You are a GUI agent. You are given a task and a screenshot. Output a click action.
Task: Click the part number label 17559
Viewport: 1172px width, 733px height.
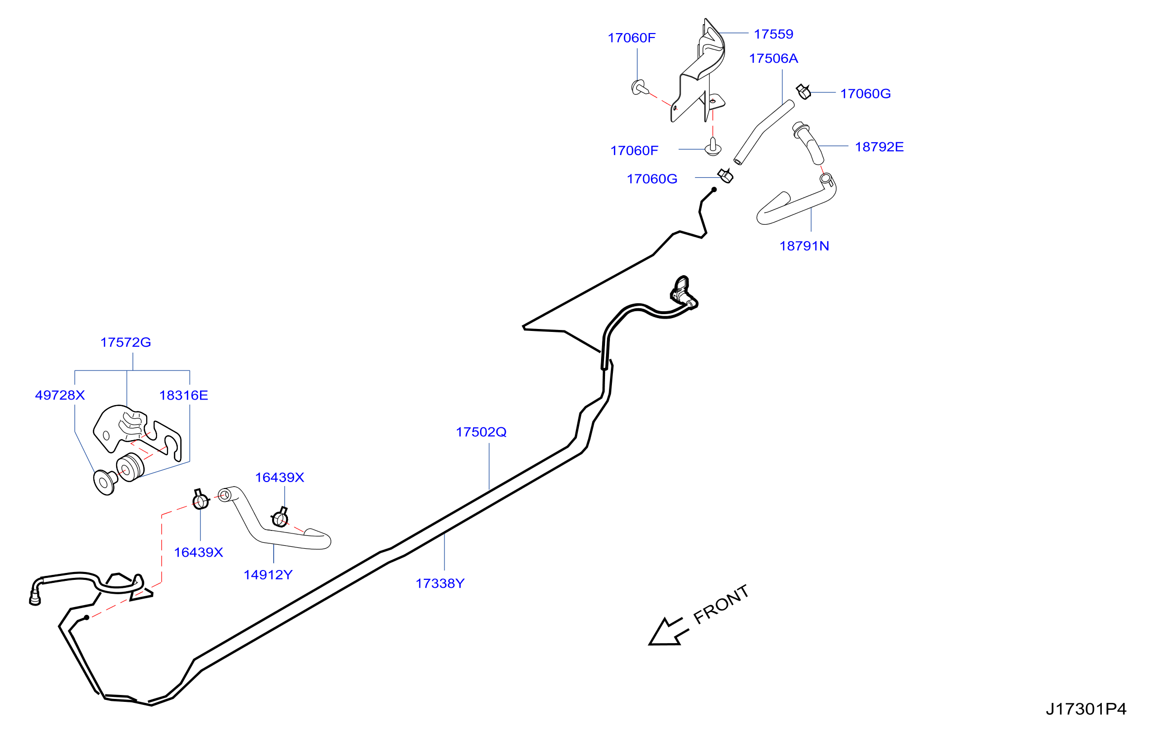tap(773, 34)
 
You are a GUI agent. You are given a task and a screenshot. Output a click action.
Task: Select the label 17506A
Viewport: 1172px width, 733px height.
tap(773, 58)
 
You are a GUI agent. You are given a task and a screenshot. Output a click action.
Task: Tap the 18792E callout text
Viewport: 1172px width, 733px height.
tap(879, 147)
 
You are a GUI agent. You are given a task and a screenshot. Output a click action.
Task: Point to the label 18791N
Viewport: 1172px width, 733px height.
tap(804, 246)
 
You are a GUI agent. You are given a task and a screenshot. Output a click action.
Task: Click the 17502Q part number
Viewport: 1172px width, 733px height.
tap(481, 432)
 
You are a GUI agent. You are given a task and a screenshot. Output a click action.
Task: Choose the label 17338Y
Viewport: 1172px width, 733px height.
tap(440, 583)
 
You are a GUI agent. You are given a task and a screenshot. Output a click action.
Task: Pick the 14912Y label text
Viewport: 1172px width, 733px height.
tap(268, 574)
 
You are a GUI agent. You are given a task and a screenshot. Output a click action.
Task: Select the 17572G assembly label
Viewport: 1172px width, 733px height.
tap(125, 342)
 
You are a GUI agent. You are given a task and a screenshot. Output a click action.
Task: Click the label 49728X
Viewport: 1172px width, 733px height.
tap(60, 395)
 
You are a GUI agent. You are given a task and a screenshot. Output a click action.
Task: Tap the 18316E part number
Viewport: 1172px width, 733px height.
tap(184, 395)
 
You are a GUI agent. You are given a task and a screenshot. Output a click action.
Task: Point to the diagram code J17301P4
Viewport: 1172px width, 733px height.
tap(1086, 709)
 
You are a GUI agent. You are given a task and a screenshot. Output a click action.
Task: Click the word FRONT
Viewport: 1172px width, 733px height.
tap(721, 605)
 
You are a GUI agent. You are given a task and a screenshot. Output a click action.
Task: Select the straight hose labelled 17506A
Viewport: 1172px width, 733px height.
tap(763, 132)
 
